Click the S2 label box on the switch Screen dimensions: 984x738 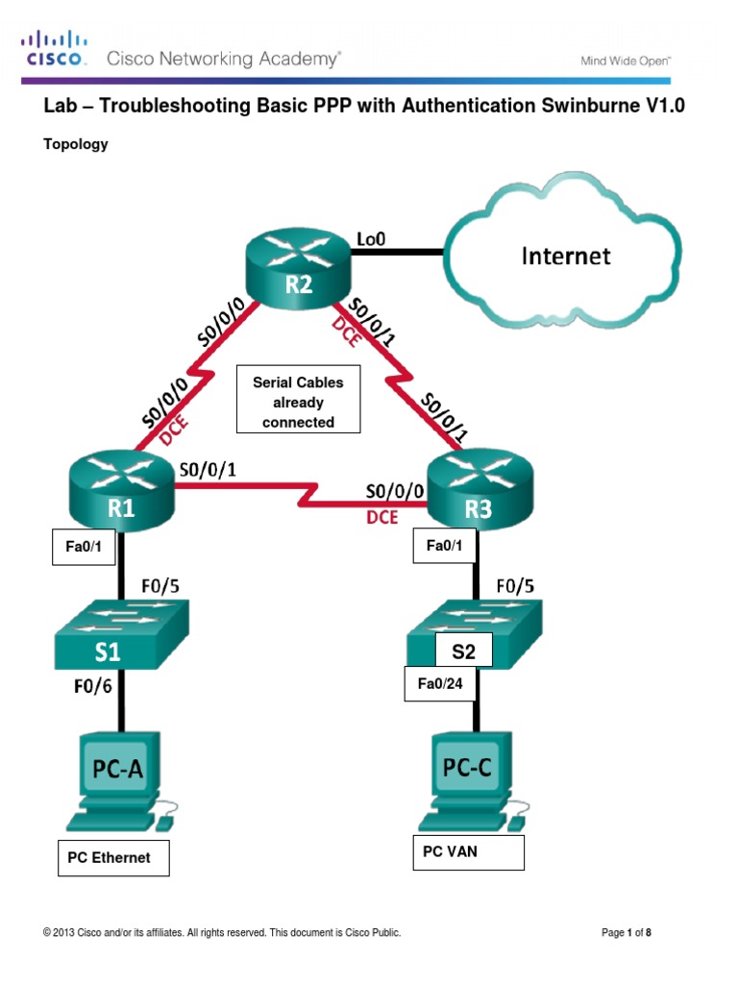coord(463,651)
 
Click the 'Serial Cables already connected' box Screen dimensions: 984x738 coord(298,402)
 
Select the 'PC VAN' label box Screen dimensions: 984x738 coord(468,852)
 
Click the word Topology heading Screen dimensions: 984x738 coord(76,144)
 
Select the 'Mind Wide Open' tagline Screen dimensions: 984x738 coord(625,61)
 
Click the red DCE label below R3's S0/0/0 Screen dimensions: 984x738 coord(382,517)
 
